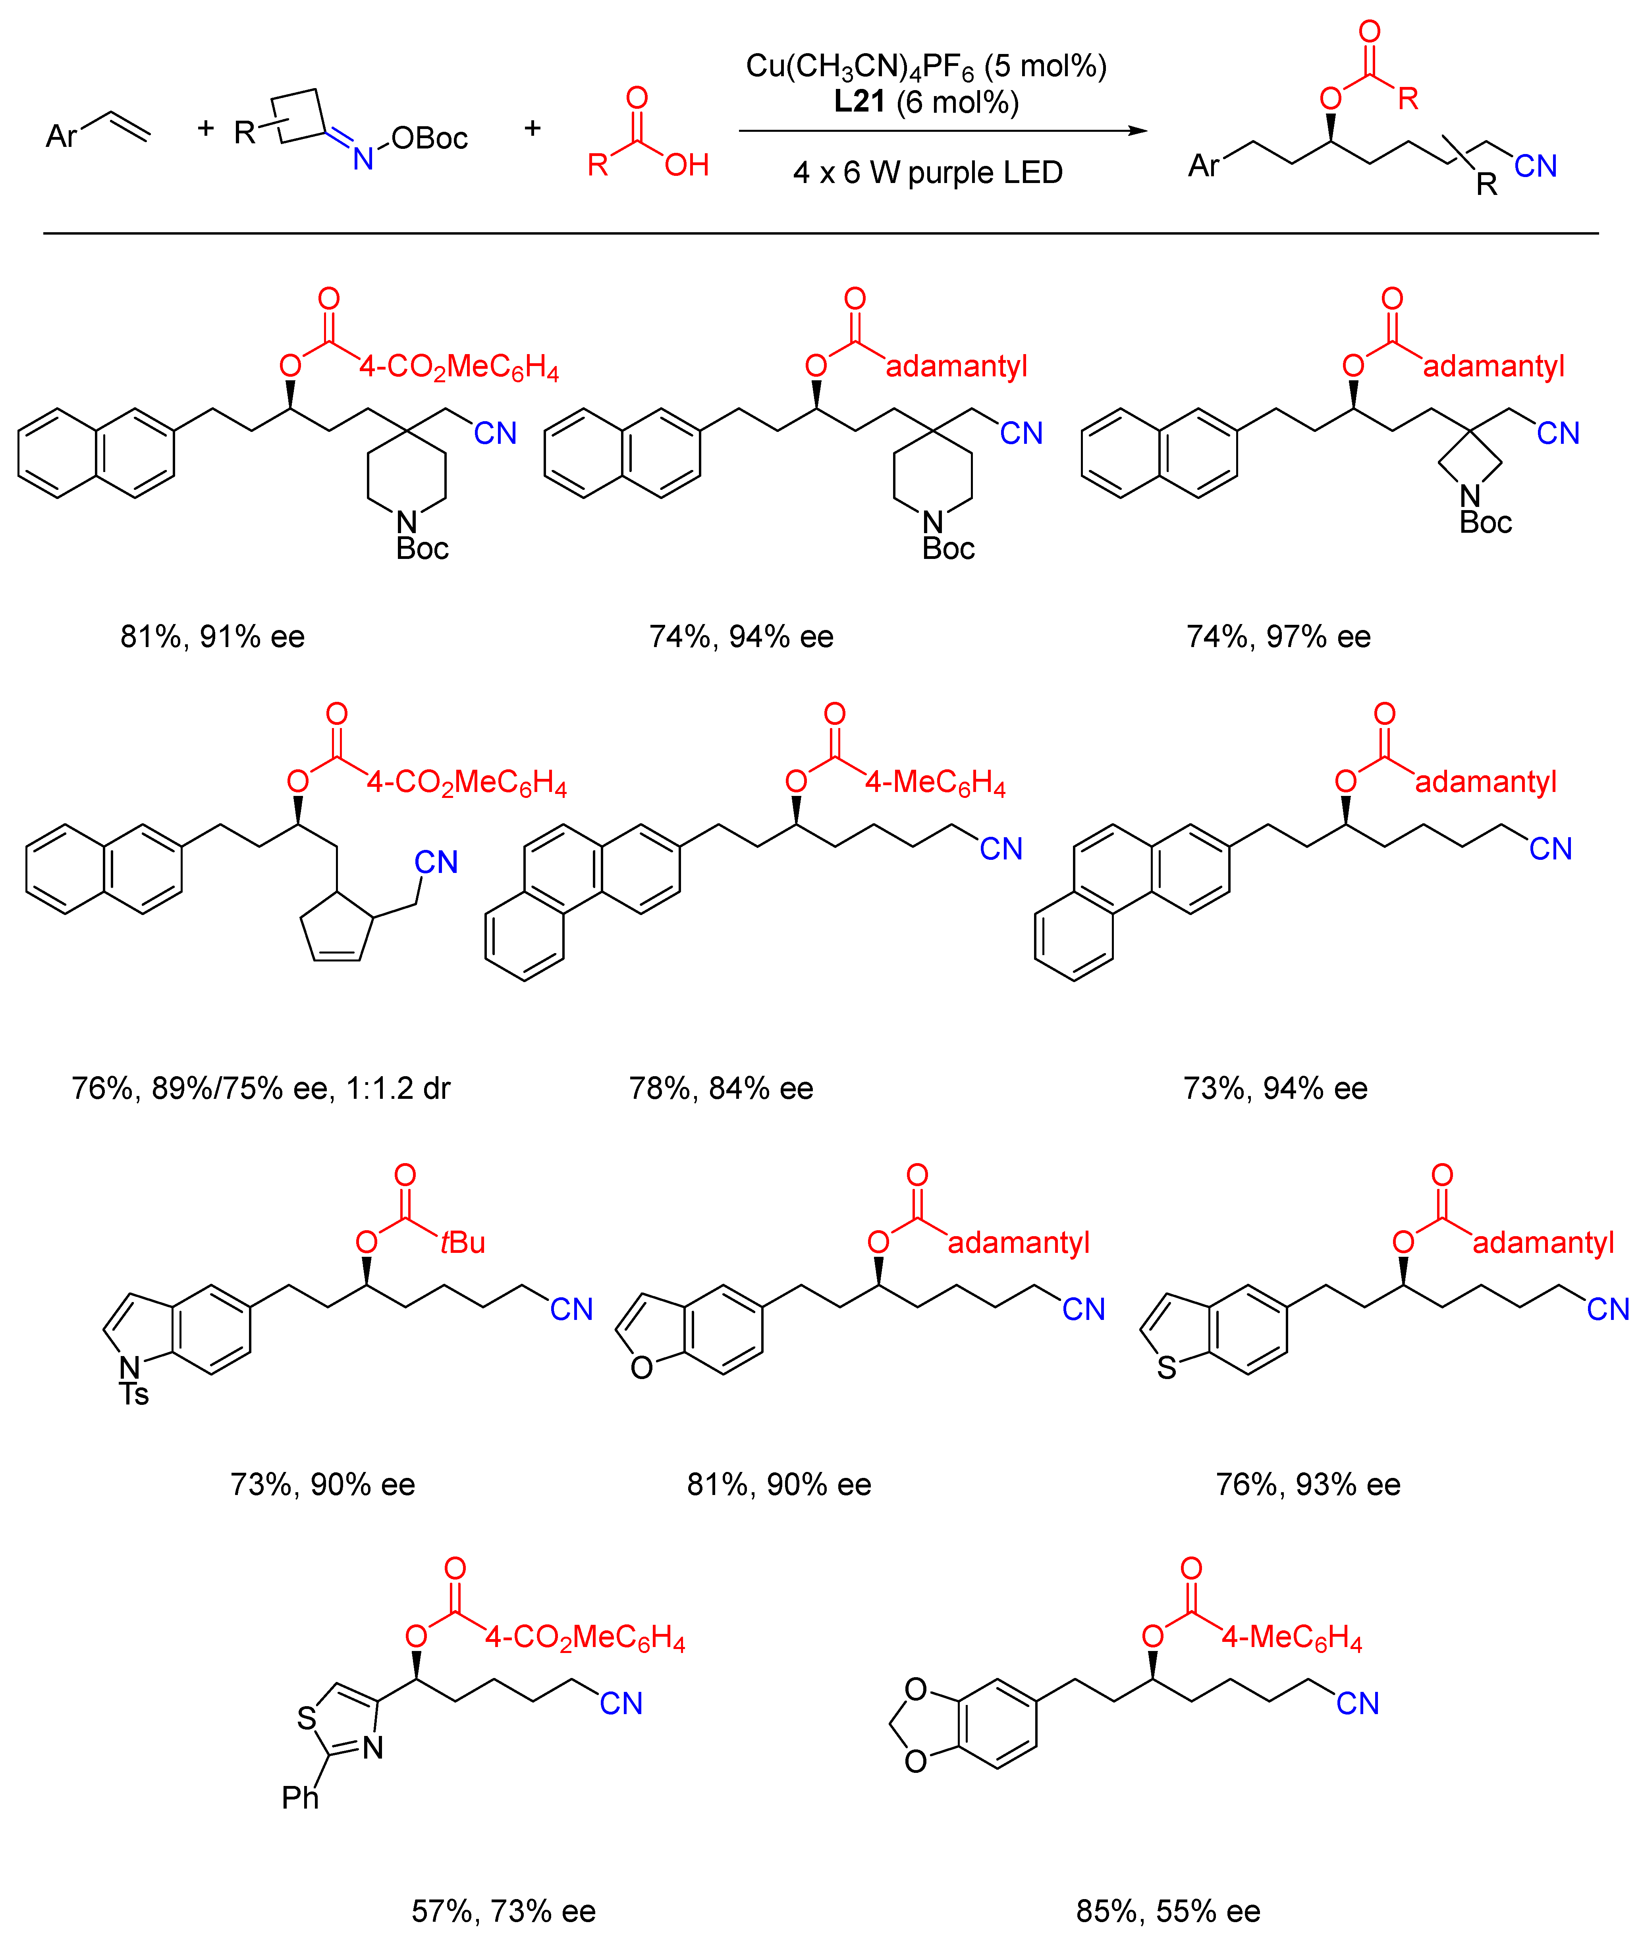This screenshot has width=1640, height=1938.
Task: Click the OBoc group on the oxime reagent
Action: tap(428, 139)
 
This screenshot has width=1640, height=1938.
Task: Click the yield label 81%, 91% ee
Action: tap(212, 637)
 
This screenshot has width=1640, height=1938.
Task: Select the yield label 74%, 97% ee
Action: tap(1278, 637)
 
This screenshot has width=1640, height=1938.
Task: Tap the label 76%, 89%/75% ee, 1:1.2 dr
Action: tap(260, 1088)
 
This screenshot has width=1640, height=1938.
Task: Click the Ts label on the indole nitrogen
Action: tap(134, 1394)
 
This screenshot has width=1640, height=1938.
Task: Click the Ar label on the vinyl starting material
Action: tap(62, 137)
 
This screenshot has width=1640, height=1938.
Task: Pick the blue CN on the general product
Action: tap(1535, 166)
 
